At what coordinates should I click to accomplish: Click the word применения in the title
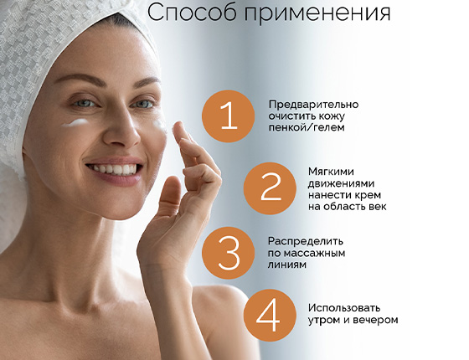317,14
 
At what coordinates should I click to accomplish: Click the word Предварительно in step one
312,104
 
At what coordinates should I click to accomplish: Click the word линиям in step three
287,264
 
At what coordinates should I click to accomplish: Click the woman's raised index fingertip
178,128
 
